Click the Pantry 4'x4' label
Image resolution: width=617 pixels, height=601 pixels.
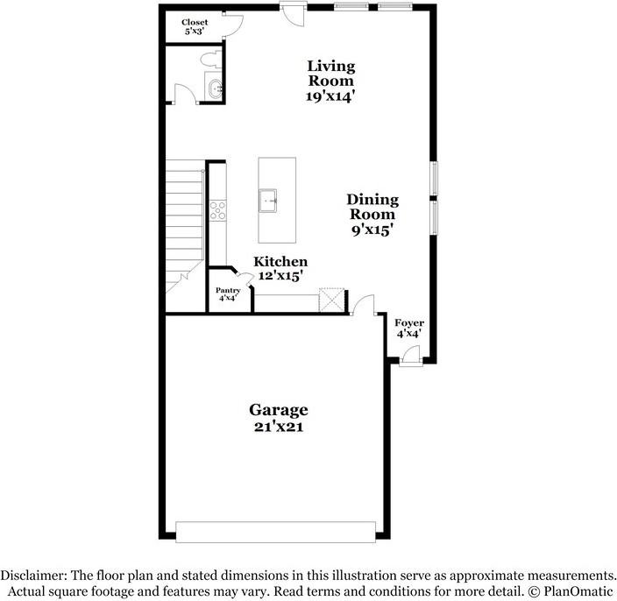[x=228, y=293]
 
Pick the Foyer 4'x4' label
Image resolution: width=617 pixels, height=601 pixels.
[x=409, y=328]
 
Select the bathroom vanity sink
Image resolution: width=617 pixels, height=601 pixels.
[x=216, y=87]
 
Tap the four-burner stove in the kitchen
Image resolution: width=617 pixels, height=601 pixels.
[x=217, y=209]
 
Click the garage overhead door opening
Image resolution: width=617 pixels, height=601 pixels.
[x=276, y=530]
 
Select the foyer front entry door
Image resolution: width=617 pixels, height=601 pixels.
[x=408, y=356]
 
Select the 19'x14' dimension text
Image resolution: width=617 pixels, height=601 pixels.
[x=330, y=97]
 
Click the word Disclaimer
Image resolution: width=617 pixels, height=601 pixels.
[x=33, y=576]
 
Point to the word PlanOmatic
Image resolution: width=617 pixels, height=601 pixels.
[x=576, y=591]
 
